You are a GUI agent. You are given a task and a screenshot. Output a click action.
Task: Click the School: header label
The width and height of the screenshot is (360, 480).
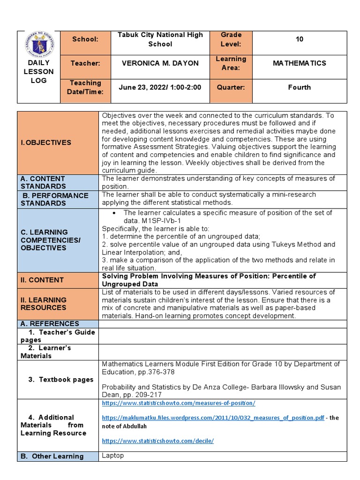click(x=85, y=39)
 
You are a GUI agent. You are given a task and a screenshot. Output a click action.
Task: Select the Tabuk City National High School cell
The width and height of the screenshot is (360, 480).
click(x=160, y=39)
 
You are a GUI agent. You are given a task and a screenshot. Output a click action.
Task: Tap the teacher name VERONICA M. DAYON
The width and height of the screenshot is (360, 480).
click(x=160, y=63)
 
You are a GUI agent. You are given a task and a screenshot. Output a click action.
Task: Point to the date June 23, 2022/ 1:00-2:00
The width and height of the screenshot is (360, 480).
click(x=160, y=87)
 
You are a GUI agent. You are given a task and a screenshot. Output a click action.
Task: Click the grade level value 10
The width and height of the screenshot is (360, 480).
click(x=300, y=39)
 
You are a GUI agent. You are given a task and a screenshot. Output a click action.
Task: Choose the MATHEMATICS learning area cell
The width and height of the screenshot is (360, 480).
click(x=300, y=63)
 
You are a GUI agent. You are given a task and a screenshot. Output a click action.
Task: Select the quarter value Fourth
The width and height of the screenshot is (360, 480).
click(x=300, y=87)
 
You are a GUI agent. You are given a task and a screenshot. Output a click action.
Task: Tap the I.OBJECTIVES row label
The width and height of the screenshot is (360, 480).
click(x=45, y=142)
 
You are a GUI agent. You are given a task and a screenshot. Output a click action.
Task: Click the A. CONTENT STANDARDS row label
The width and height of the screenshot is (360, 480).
click(x=43, y=182)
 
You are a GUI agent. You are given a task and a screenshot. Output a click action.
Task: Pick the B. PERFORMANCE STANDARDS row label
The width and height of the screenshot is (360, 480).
click(x=54, y=199)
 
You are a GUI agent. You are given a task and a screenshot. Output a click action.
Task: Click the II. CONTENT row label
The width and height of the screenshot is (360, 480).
click(x=42, y=280)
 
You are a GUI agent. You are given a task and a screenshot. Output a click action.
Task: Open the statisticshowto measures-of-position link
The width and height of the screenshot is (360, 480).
click(x=179, y=403)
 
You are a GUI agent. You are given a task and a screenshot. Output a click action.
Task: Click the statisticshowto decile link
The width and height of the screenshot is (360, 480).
click(x=157, y=441)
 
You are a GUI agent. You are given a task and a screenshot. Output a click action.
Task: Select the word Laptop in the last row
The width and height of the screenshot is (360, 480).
click(x=113, y=456)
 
